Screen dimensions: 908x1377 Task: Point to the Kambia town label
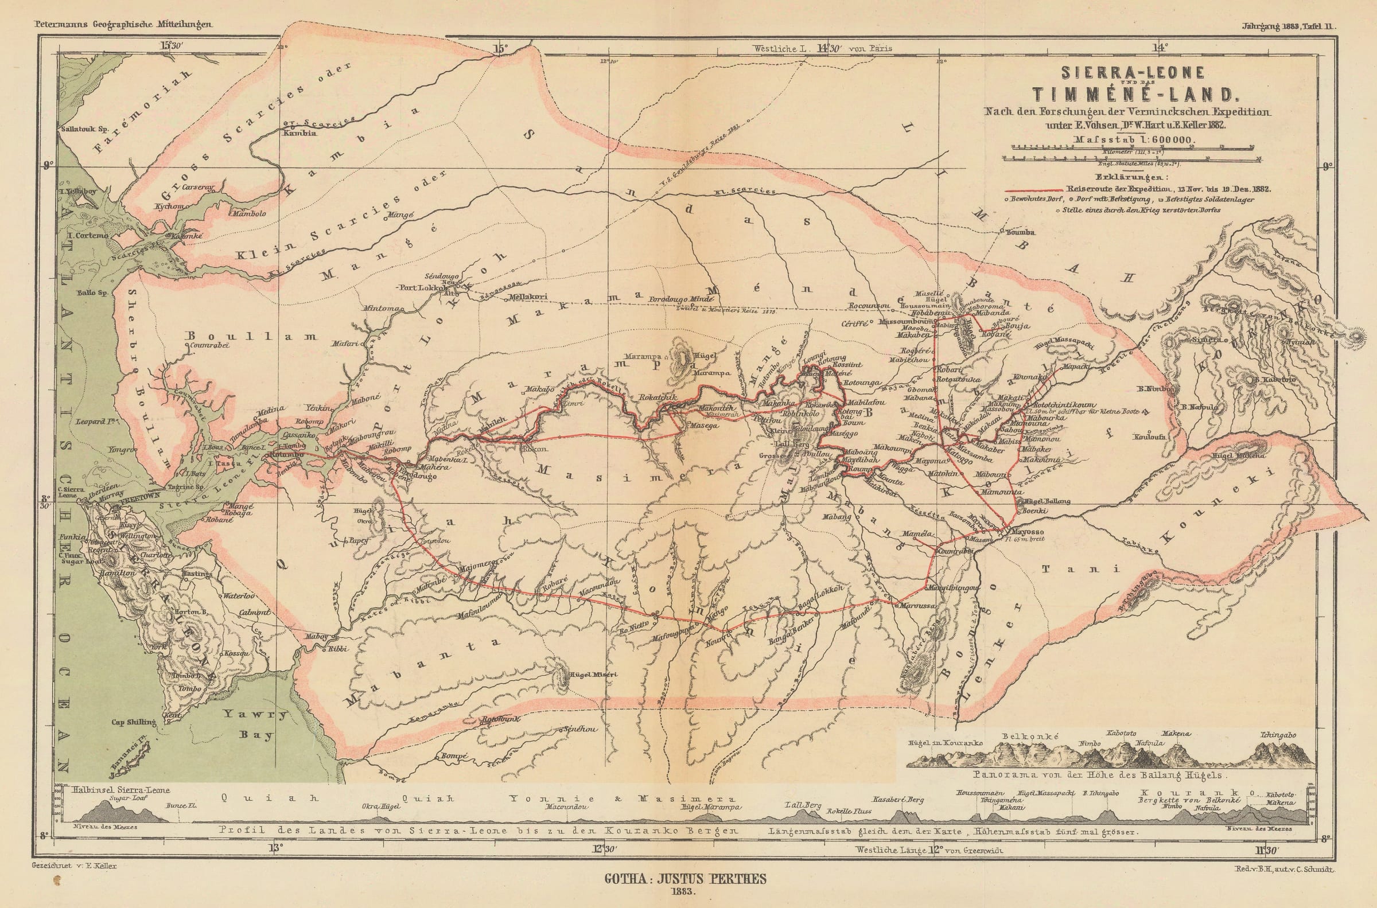point(299,133)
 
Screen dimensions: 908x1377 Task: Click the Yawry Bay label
point(255,724)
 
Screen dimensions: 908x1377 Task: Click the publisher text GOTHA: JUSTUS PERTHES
point(685,879)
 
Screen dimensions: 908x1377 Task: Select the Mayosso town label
point(1026,532)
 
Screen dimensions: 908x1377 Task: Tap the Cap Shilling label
point(134,722)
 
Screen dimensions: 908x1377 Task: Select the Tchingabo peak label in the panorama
point(1277,735)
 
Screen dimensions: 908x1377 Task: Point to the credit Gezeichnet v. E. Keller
point(72,866)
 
